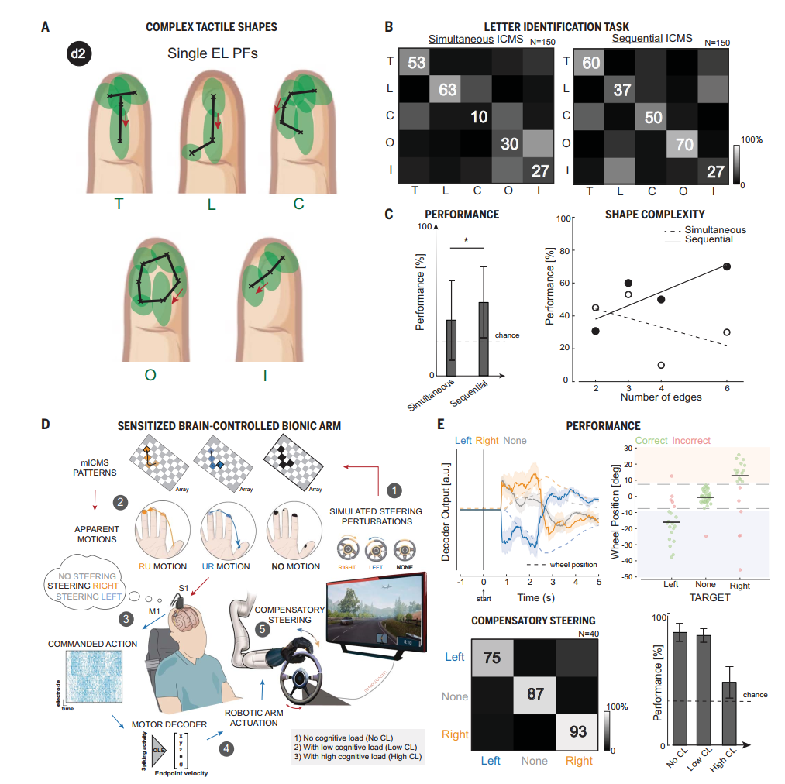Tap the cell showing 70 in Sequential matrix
[683, 143]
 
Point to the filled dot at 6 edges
[727, 266]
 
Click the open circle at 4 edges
[662, 365]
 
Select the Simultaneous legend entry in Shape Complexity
[704, 230]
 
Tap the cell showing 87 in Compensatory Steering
[535, 694]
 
